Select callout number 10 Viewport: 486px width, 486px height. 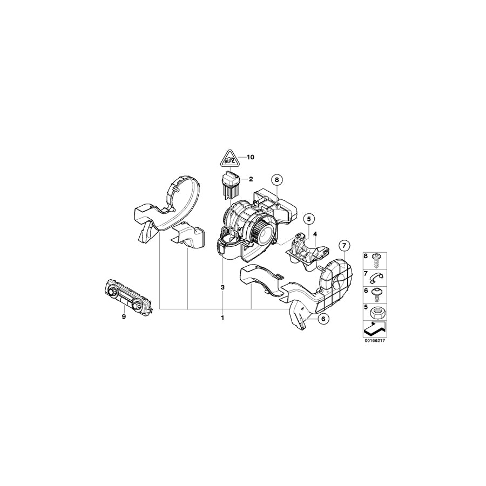point(249,157)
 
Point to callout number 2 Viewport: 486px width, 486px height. point(250,178)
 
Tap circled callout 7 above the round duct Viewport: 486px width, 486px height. point(344,246)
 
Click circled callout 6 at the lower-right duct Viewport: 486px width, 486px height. point(322,319)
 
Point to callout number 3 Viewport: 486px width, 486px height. point(222,287)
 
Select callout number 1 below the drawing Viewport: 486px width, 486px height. point(222,318)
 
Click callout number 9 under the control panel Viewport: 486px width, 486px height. point(123,317)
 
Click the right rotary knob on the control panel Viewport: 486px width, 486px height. point(141,306)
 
